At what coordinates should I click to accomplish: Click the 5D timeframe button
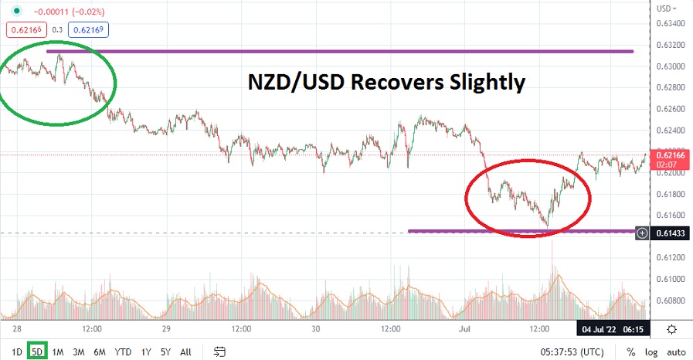[36, 352]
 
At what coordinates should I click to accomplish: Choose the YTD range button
[123, 352]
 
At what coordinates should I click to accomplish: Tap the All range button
[185, 352]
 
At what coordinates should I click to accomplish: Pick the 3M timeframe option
[78, 352]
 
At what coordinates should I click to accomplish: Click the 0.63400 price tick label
[670, 24]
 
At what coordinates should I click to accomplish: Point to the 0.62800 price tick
[670, 88]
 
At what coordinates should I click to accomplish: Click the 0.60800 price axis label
[670, 301]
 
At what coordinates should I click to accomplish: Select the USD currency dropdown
[667, 8]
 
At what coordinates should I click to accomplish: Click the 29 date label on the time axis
[166, 328]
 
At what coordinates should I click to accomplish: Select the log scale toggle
[651, 352]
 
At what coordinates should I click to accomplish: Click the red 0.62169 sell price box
[25, 30]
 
